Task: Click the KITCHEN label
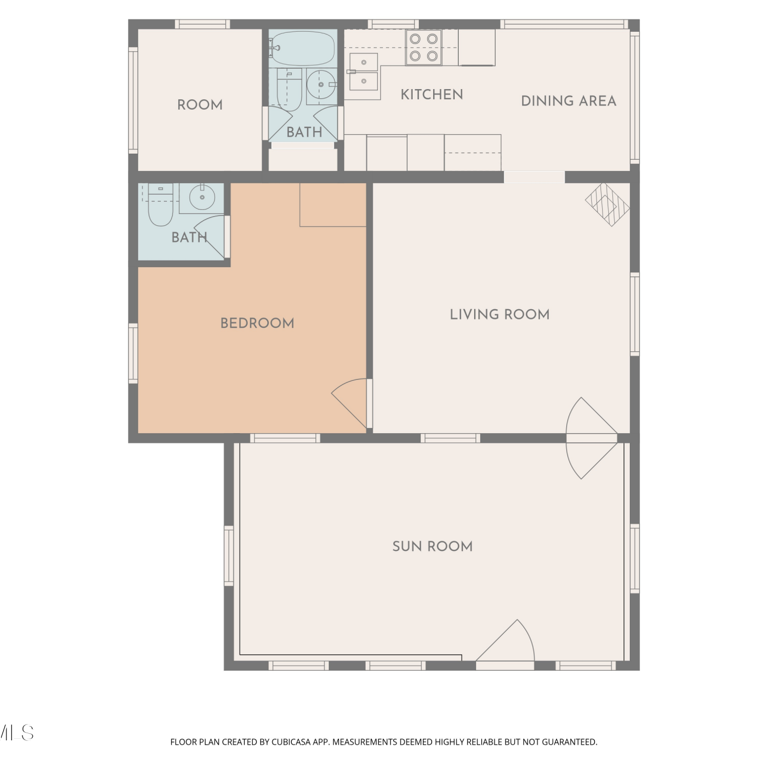(x=432, y=95)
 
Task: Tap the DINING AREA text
(x=568, y=101)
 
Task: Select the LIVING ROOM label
(x=500, y=314)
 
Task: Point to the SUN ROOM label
(x=433, y=546)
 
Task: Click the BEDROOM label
(x=257, y=323)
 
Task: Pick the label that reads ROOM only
(x=200, y=105)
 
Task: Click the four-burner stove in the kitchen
(x=424, y=47)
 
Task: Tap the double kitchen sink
(x=364, y=72)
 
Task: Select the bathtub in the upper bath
(x=302, y=48)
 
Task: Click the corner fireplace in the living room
(x=608, y=204)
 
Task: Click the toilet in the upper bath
(x=289, y=90)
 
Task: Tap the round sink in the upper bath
(x=321, y=84)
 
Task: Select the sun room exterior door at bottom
(x=505, y=643)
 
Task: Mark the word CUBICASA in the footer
(x=291, y=742)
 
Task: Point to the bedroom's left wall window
(x=133, y=353)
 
